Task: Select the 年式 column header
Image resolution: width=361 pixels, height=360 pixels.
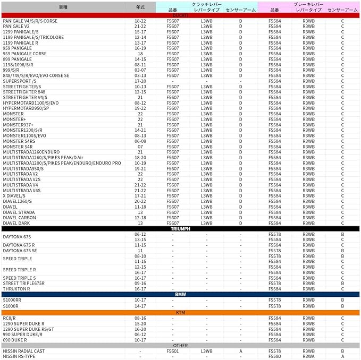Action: click(x=140, y=7)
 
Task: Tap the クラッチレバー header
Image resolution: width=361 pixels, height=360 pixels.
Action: click(x=207, y=4)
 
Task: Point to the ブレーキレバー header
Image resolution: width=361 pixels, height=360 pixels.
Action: click(x=308, y=4)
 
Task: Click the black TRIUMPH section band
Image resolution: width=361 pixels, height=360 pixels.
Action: click(x=180, y=229)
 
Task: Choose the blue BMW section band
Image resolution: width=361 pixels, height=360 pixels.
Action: click(x=180, y=294)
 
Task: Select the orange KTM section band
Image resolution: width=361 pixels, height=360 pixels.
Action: click(x=180, y=313)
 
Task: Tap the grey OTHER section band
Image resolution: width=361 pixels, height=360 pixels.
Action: click(x=180, y=346)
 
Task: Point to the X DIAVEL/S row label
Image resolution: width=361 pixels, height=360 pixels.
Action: click(x=14, y=196)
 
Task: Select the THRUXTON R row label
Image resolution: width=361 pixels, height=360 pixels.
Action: click(x=16, y=289)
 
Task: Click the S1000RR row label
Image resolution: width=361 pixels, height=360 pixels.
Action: click(x=12, y=300)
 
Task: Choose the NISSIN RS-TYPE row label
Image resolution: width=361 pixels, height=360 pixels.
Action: click(x=19, y=357)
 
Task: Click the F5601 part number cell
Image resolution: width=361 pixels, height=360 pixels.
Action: click(x=173, y=351)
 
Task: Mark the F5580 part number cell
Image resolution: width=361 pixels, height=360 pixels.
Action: click(x=274, y=357)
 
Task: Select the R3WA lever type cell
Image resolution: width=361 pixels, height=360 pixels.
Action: click(x=308, y=357)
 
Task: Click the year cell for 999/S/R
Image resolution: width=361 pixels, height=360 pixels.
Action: click(x=140, y=70)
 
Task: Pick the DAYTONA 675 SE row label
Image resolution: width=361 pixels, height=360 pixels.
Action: click(x=20, y=251)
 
